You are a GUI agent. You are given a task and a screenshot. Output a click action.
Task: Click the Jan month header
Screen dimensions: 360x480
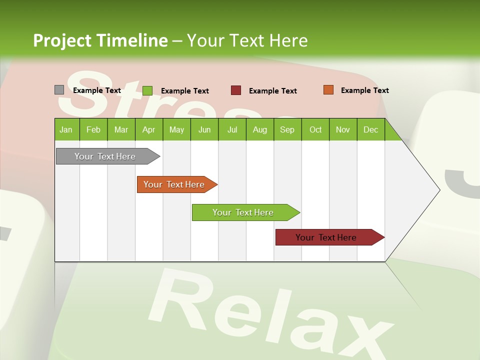tap(66, 130)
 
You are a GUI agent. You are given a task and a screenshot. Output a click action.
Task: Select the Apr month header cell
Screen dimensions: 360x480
tap(148, 130)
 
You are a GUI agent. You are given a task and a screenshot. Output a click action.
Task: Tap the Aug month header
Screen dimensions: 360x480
tap(259, 130)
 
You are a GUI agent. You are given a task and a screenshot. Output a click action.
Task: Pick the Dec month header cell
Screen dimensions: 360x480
tap(370, 130)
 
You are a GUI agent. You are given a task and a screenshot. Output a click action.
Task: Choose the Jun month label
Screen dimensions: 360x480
tap(204, 130)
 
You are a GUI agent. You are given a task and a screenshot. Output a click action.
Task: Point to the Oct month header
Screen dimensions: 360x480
tap(315, 130)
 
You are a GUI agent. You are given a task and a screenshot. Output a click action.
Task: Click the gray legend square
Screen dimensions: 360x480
tap(59, 90)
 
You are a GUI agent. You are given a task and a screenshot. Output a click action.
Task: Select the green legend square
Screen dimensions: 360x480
tap(147, 90)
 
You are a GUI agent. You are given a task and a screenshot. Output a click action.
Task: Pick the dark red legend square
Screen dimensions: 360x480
tap(236, 90)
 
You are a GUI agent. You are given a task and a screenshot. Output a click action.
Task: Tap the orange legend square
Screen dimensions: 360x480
tap(328, 90)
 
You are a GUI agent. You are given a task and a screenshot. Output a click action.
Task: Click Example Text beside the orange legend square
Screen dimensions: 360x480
tap(364, 90)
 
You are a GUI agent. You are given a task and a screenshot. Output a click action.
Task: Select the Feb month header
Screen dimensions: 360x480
tap(93, 130)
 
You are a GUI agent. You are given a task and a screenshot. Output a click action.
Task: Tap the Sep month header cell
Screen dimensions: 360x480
tap(287, 130)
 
